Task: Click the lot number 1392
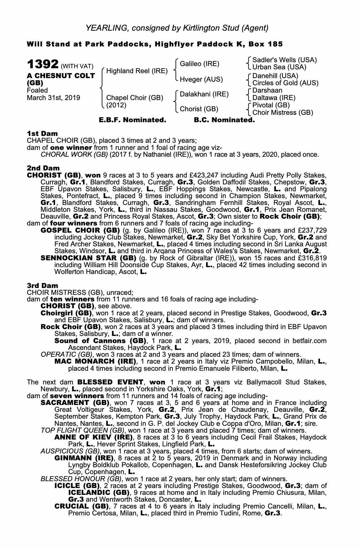(x=42, y=65)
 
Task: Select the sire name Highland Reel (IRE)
(x=137, y=71)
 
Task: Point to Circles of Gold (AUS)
(x=285, y=83)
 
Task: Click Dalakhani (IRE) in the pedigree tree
(x=204, y=94)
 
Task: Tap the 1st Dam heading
(x=42, y=133)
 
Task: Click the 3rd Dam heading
(x=42, y=286)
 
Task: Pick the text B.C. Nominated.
(x=224, y=120)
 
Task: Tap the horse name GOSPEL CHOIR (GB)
(x=80, y=230)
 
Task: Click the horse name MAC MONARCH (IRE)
(x=95, y=361)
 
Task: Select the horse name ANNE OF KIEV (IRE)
(x=93, y=437)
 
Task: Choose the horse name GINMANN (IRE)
(x=84, y=458)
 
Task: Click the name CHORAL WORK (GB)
(x=74, y=155)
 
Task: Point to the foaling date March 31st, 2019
(x=53, y=98)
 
